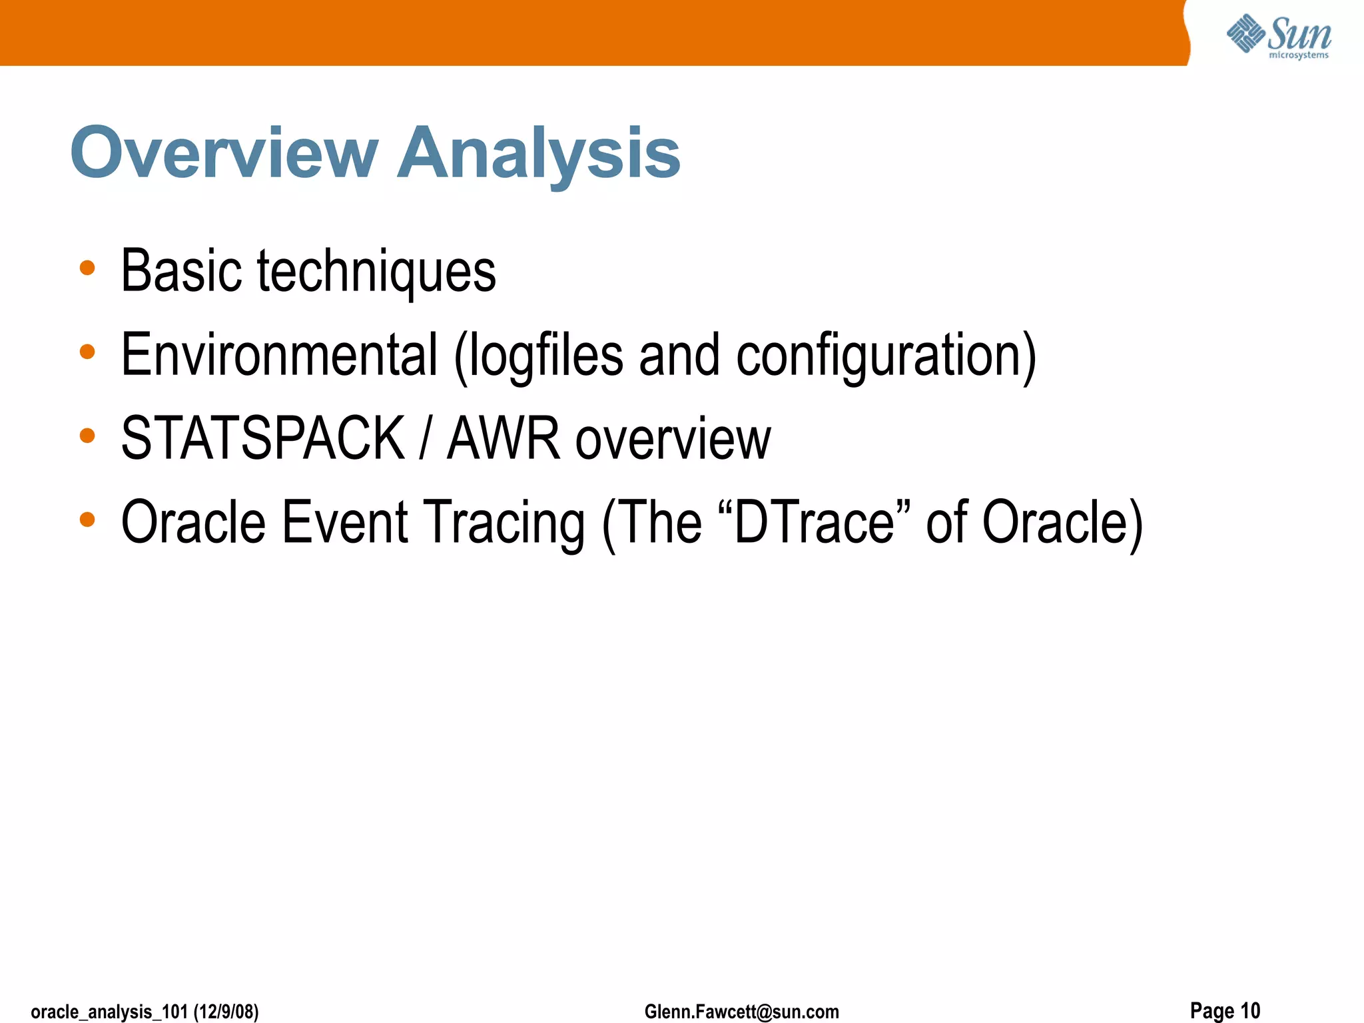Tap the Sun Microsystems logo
[x=1278, y=36]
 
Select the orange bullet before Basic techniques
[x=87, y=268]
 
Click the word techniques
[x=376, y=272]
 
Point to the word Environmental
[x=279, y=355]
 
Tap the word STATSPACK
[x=262, y=438]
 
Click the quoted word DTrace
[x=815, y=522]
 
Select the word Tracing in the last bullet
[x=506, y=523]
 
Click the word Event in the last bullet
[x=344, y=522]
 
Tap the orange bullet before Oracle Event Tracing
[x=87, y=519]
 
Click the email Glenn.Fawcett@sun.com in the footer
[x=741, y=1012]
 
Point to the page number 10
[x=1250, y=1010]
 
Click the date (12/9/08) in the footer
[x=226, y=1012]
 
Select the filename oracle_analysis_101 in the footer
[x=109, y=1012]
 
